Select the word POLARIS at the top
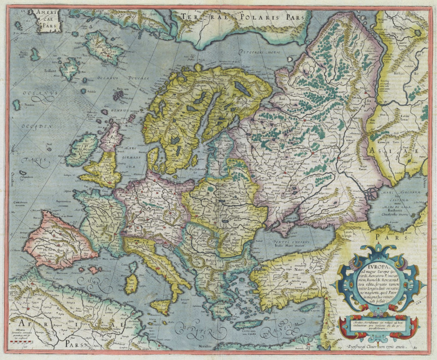(258, 17)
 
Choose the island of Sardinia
(131, 283)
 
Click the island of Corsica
(134, 267)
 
